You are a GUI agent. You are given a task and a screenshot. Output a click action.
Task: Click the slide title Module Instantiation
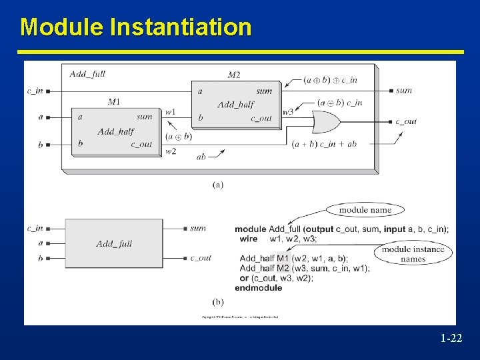(x=136, y=27)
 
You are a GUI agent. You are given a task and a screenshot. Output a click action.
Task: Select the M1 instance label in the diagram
(x=114, y=101)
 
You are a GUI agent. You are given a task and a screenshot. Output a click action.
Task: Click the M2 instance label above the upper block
(x=234, y=75)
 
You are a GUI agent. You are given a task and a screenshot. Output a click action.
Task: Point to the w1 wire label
(x=170, y=112)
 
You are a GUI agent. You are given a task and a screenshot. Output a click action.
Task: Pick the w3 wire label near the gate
(x=287, y=112)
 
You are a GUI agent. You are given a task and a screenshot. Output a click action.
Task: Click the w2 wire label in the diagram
(x=170, y=151)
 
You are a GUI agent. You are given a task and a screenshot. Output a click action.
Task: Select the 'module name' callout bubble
(x=365, y=210)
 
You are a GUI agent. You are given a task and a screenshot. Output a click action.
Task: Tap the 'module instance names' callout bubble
(x=413, y=254)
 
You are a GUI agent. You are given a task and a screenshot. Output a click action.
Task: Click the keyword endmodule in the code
(x=258, y=287)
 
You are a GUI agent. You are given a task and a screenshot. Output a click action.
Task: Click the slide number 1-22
(x=451, y=339)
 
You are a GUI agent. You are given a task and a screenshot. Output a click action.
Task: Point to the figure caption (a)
(x=218, y=184)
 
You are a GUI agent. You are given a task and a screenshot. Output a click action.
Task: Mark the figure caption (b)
(x=218, y=302)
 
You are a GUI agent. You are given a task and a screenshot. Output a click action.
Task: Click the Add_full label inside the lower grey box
(x=114, y=243)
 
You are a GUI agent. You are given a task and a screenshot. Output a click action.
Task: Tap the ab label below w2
(x=201, y=157)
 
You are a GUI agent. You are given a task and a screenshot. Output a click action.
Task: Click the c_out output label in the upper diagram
(x=405, y=121)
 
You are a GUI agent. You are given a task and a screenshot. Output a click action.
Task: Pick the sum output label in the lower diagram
(x=198, y=228)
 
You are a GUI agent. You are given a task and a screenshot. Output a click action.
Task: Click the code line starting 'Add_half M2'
(x=304, y=268)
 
